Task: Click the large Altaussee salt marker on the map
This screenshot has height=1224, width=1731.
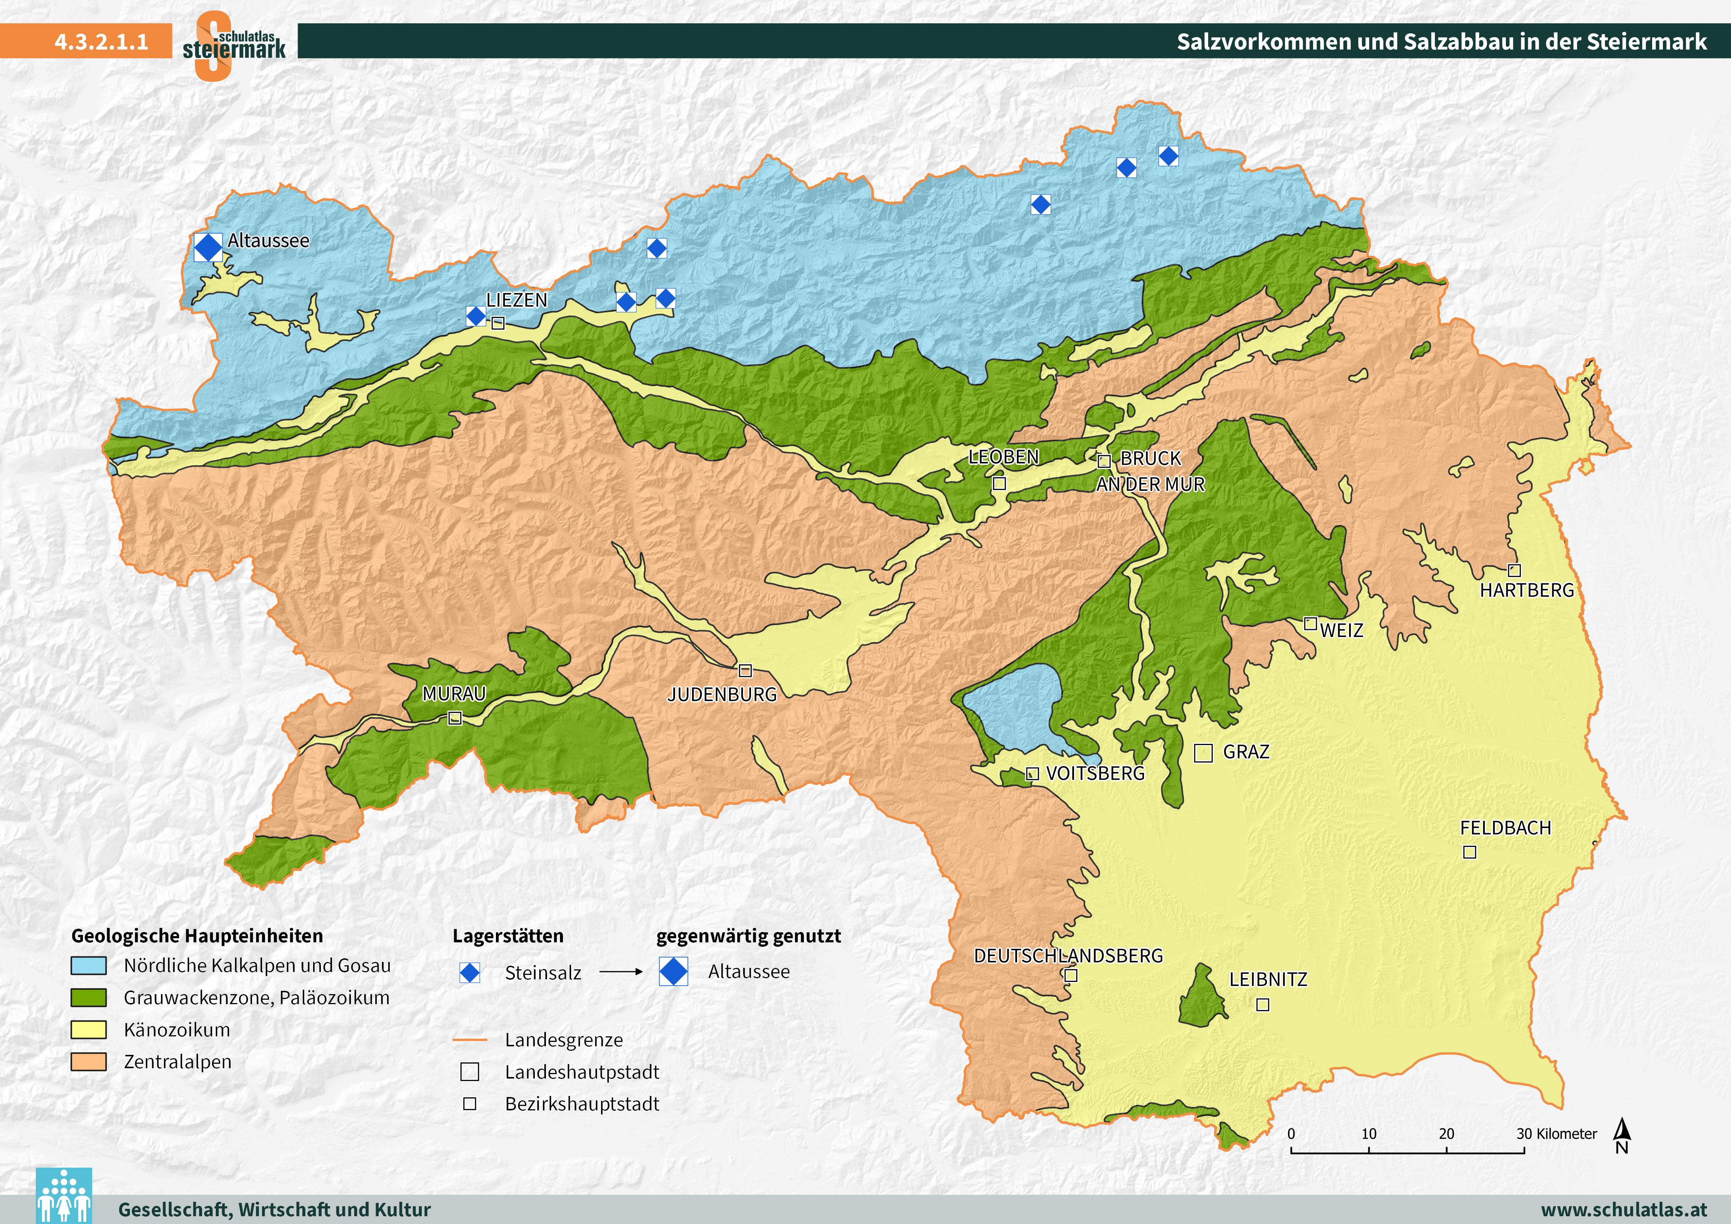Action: tap(208, 247)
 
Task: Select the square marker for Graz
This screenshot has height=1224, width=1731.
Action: tap(1203, 753)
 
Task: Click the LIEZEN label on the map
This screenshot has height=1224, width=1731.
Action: tap(516, 300)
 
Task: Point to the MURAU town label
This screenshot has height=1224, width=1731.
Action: tap(454, 693)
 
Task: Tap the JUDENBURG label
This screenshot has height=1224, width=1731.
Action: tap(721, 695)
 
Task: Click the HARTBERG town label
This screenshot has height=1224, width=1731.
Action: tap(1527, 590)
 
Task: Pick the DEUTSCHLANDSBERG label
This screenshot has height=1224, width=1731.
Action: tap(1068, 956)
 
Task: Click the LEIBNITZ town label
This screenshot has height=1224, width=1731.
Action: tap(1268, 980)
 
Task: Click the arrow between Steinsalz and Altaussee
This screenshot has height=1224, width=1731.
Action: tap(620, 972)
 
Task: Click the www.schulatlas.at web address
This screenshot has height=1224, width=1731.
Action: tap(1623, 1210)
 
